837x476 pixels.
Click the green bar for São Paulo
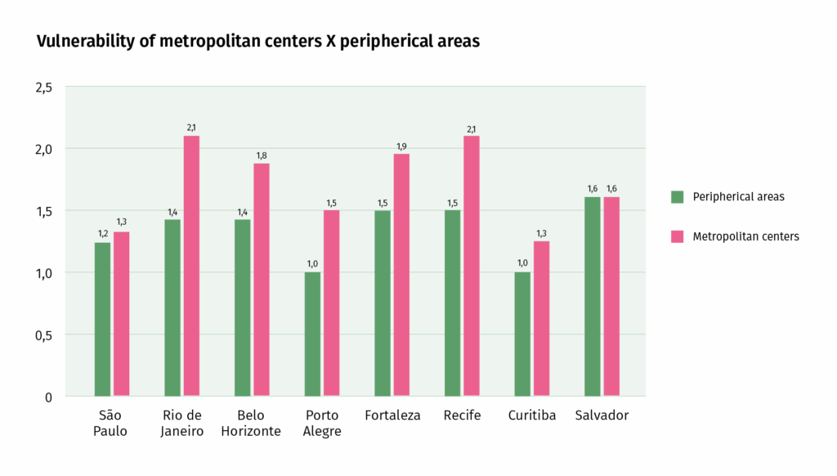pyautogui.click(x=102, y=319)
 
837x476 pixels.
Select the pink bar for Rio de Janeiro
pyautogui.click(x=191, y=266)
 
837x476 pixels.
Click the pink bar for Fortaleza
pyautogui.click(x=401, y=275)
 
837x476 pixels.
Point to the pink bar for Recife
pyautogui.click(x=472, y=266)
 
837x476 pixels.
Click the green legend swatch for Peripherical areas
pyautogui.click(x=677, y=196)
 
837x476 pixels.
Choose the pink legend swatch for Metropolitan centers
pyautogui.click(x=677, y=236)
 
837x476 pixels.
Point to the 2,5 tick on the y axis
pyautogui.click(x=43, y=87)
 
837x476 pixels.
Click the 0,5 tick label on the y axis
pyautogui.click(x=43, y=335)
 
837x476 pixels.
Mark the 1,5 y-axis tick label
pyautogui.click(x=43, y=211)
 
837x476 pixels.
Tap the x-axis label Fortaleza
pyautogui.click(x=392, y=415)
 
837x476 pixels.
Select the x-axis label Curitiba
pyautogui.click(x=531, y=415)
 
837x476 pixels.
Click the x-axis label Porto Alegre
pyautogui.click(x=322, y=423)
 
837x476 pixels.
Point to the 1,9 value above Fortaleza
pyautogui.click(x=401, y=146)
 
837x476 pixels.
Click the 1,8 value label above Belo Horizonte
pyautogui.click(x=262, y=155)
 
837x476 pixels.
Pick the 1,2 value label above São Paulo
pyautogui.click(x=102, y=234)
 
